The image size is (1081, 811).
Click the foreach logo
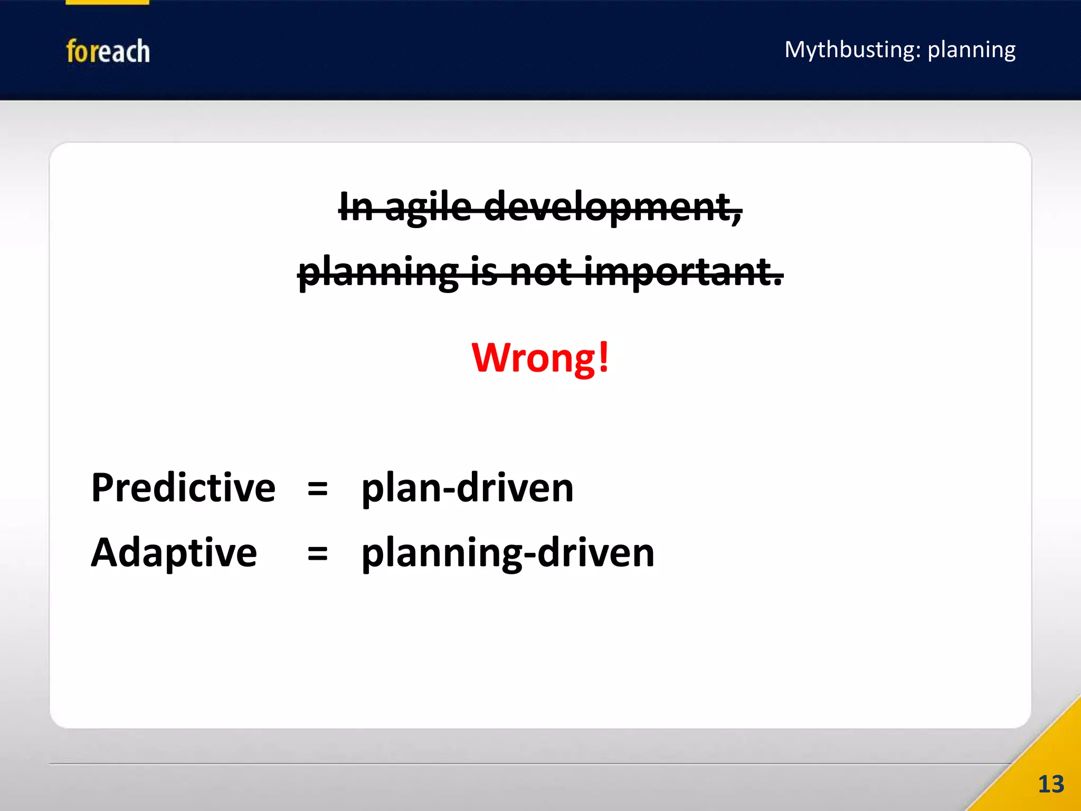pyautogui.click(x=108, y=51)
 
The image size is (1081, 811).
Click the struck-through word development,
pyautogui.click(x=612, y=207)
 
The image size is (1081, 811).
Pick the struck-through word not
pyautogui.click(x=540, y=272)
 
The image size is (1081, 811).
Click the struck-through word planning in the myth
pyautogui.click(x=378, y=272)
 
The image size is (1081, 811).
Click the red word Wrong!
pyautogui.click(x=539, y=358)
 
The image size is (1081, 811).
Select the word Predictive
pyautogui.click(x=183, y=487)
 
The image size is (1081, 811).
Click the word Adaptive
pyautogui.click(x=174, y=552)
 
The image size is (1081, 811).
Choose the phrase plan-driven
pyautogui.click(x=467, y=487)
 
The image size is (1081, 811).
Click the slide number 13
pyautogui.click(x=1050, y=784)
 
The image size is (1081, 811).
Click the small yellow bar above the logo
pyautogui.click(x=107, y=2)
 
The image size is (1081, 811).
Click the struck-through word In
pyautogui.click(x=356, y=207)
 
